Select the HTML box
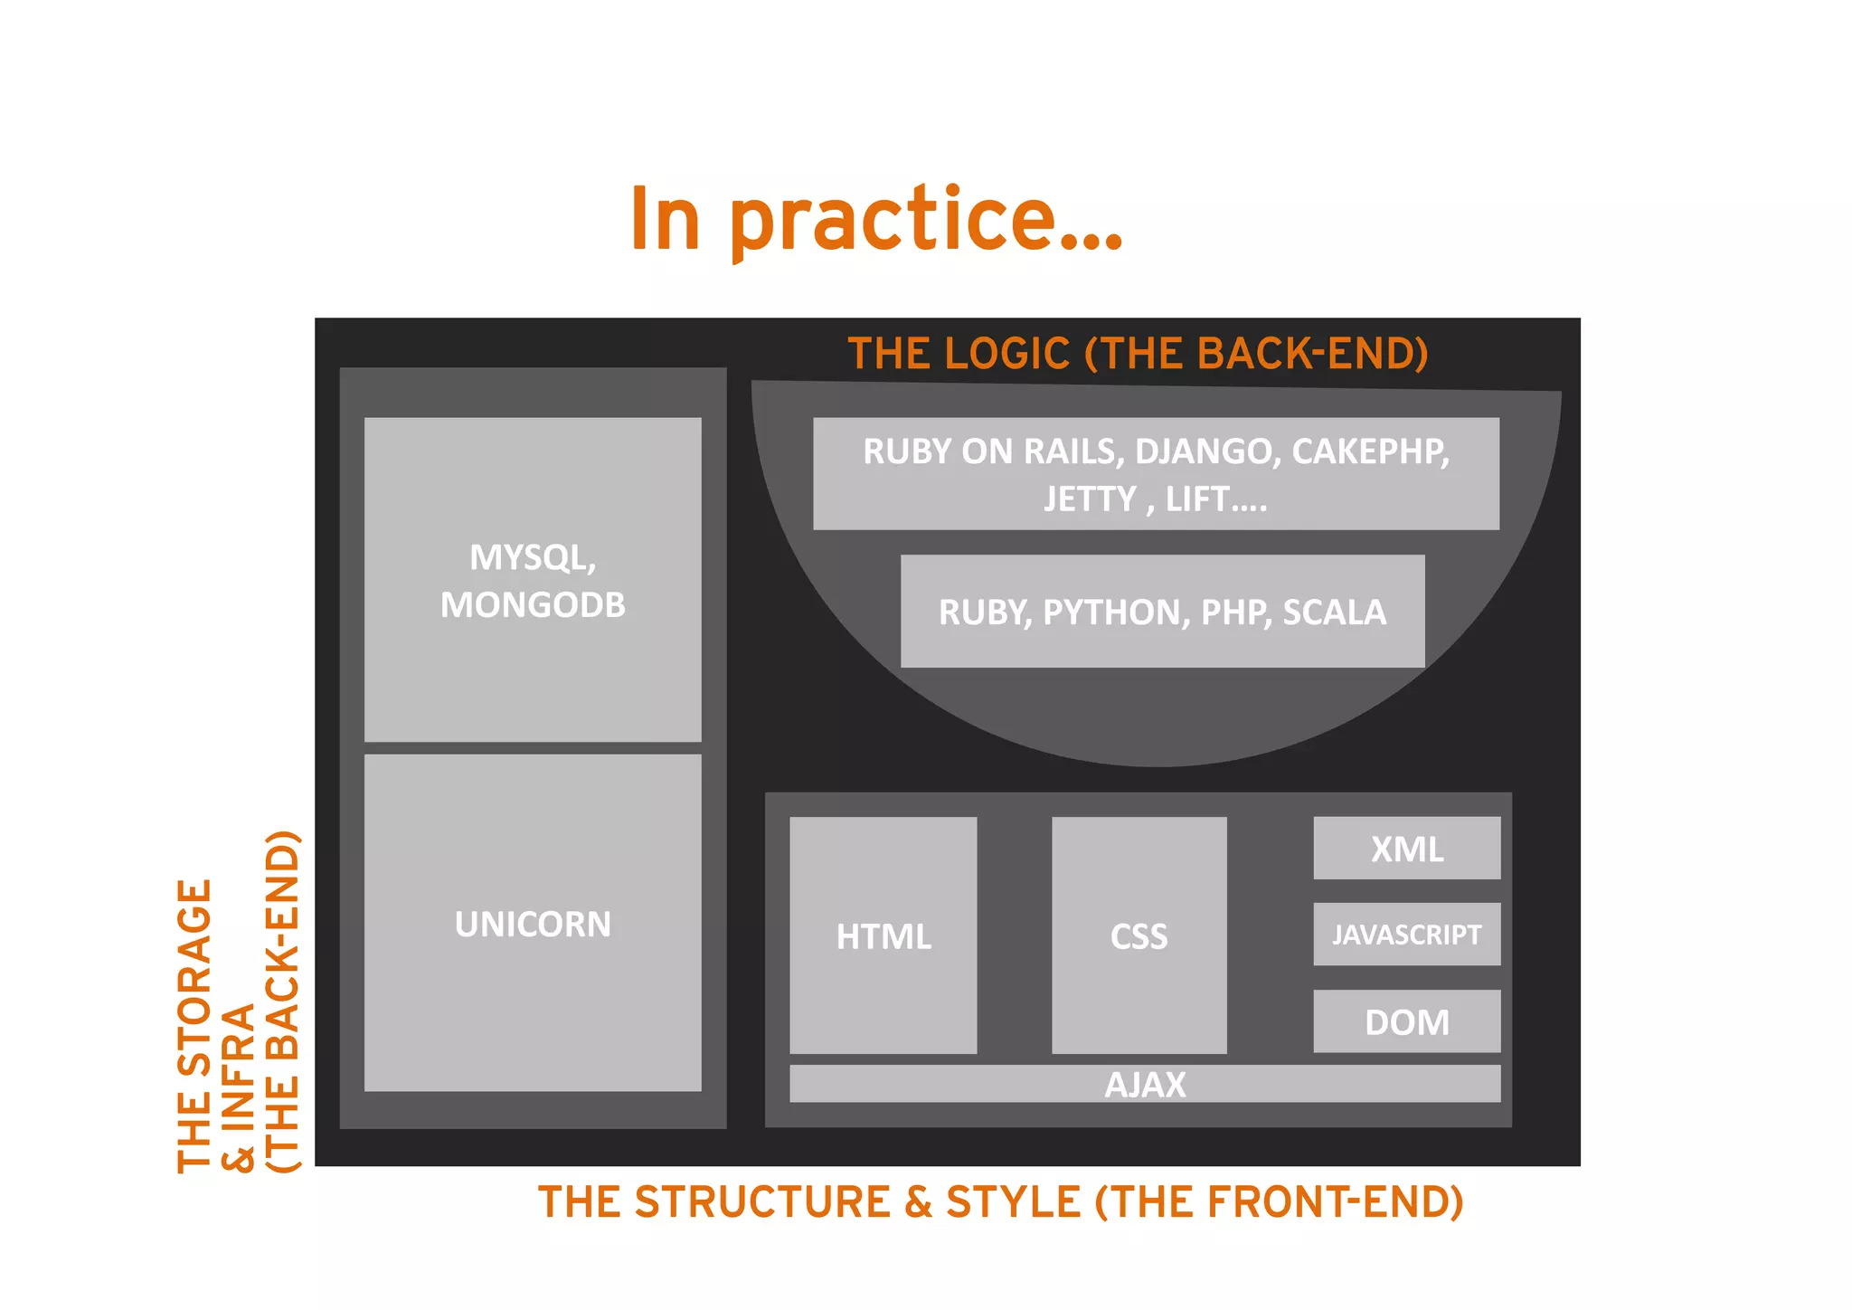tap(883, 935)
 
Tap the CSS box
tap(1139, 935)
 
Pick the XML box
tap(1406, 849)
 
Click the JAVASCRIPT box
tap(1406, 934)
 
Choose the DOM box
tap(1406, 1021)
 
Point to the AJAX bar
tap(1144, 1084)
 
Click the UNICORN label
tap(533, 924)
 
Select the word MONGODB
tap(533, 604)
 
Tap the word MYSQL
tap(530, 557)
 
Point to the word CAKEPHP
tap(1369, 451)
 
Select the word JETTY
tap(1089, 499)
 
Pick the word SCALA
tap(1334, 612)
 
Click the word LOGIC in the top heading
tap(1006, 354)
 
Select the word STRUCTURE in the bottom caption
tap(761, 1201)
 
